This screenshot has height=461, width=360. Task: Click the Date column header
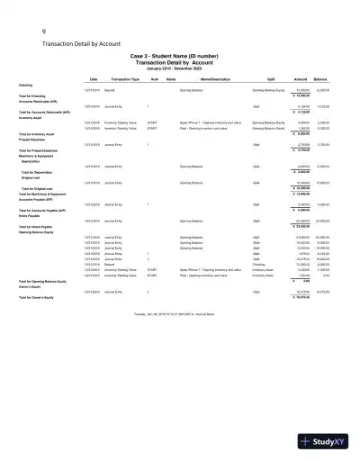(x=92, y=79)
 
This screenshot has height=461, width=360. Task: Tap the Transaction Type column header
(x=122, y=79)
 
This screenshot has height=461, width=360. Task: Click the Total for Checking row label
(x=44, y=95)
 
